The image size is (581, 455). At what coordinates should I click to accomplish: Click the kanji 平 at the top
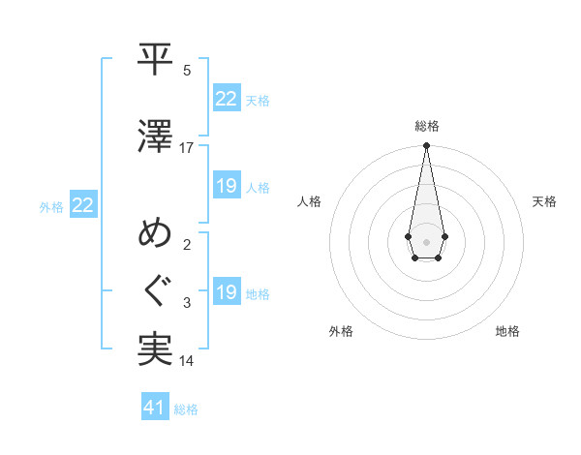pos(155,61)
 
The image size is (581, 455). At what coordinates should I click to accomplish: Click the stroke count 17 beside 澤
pos(187,148)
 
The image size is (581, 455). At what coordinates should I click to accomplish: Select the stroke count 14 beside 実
pos(187,361)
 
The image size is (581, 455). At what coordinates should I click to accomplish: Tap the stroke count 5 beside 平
pos(188,71)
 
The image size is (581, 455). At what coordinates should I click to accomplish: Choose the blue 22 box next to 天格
pos(227,98)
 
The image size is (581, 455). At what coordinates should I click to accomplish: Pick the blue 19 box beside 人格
pos(227,185)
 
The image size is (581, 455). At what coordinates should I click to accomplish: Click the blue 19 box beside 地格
pos(227,291)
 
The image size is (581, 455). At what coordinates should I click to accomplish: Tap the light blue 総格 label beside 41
pos(186,409)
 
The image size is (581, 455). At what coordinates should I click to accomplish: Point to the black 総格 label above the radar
pos(426,126)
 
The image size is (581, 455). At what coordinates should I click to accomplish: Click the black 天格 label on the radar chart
pos(544,201)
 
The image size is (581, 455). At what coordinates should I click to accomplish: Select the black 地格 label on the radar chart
pos(507,331)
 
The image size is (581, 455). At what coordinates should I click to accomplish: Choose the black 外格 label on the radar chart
pos(341,331)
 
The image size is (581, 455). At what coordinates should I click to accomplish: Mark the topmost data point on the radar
pos(426,146)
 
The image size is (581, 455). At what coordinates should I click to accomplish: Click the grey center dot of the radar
pos(426,240)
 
